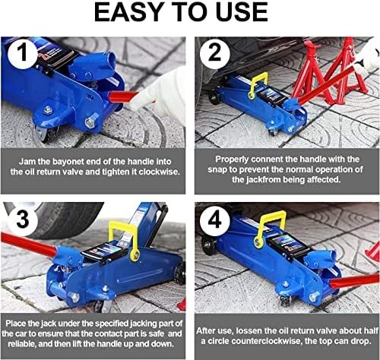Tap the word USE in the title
click(x=239, y=13)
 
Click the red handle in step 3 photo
click(x=27, y=245)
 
